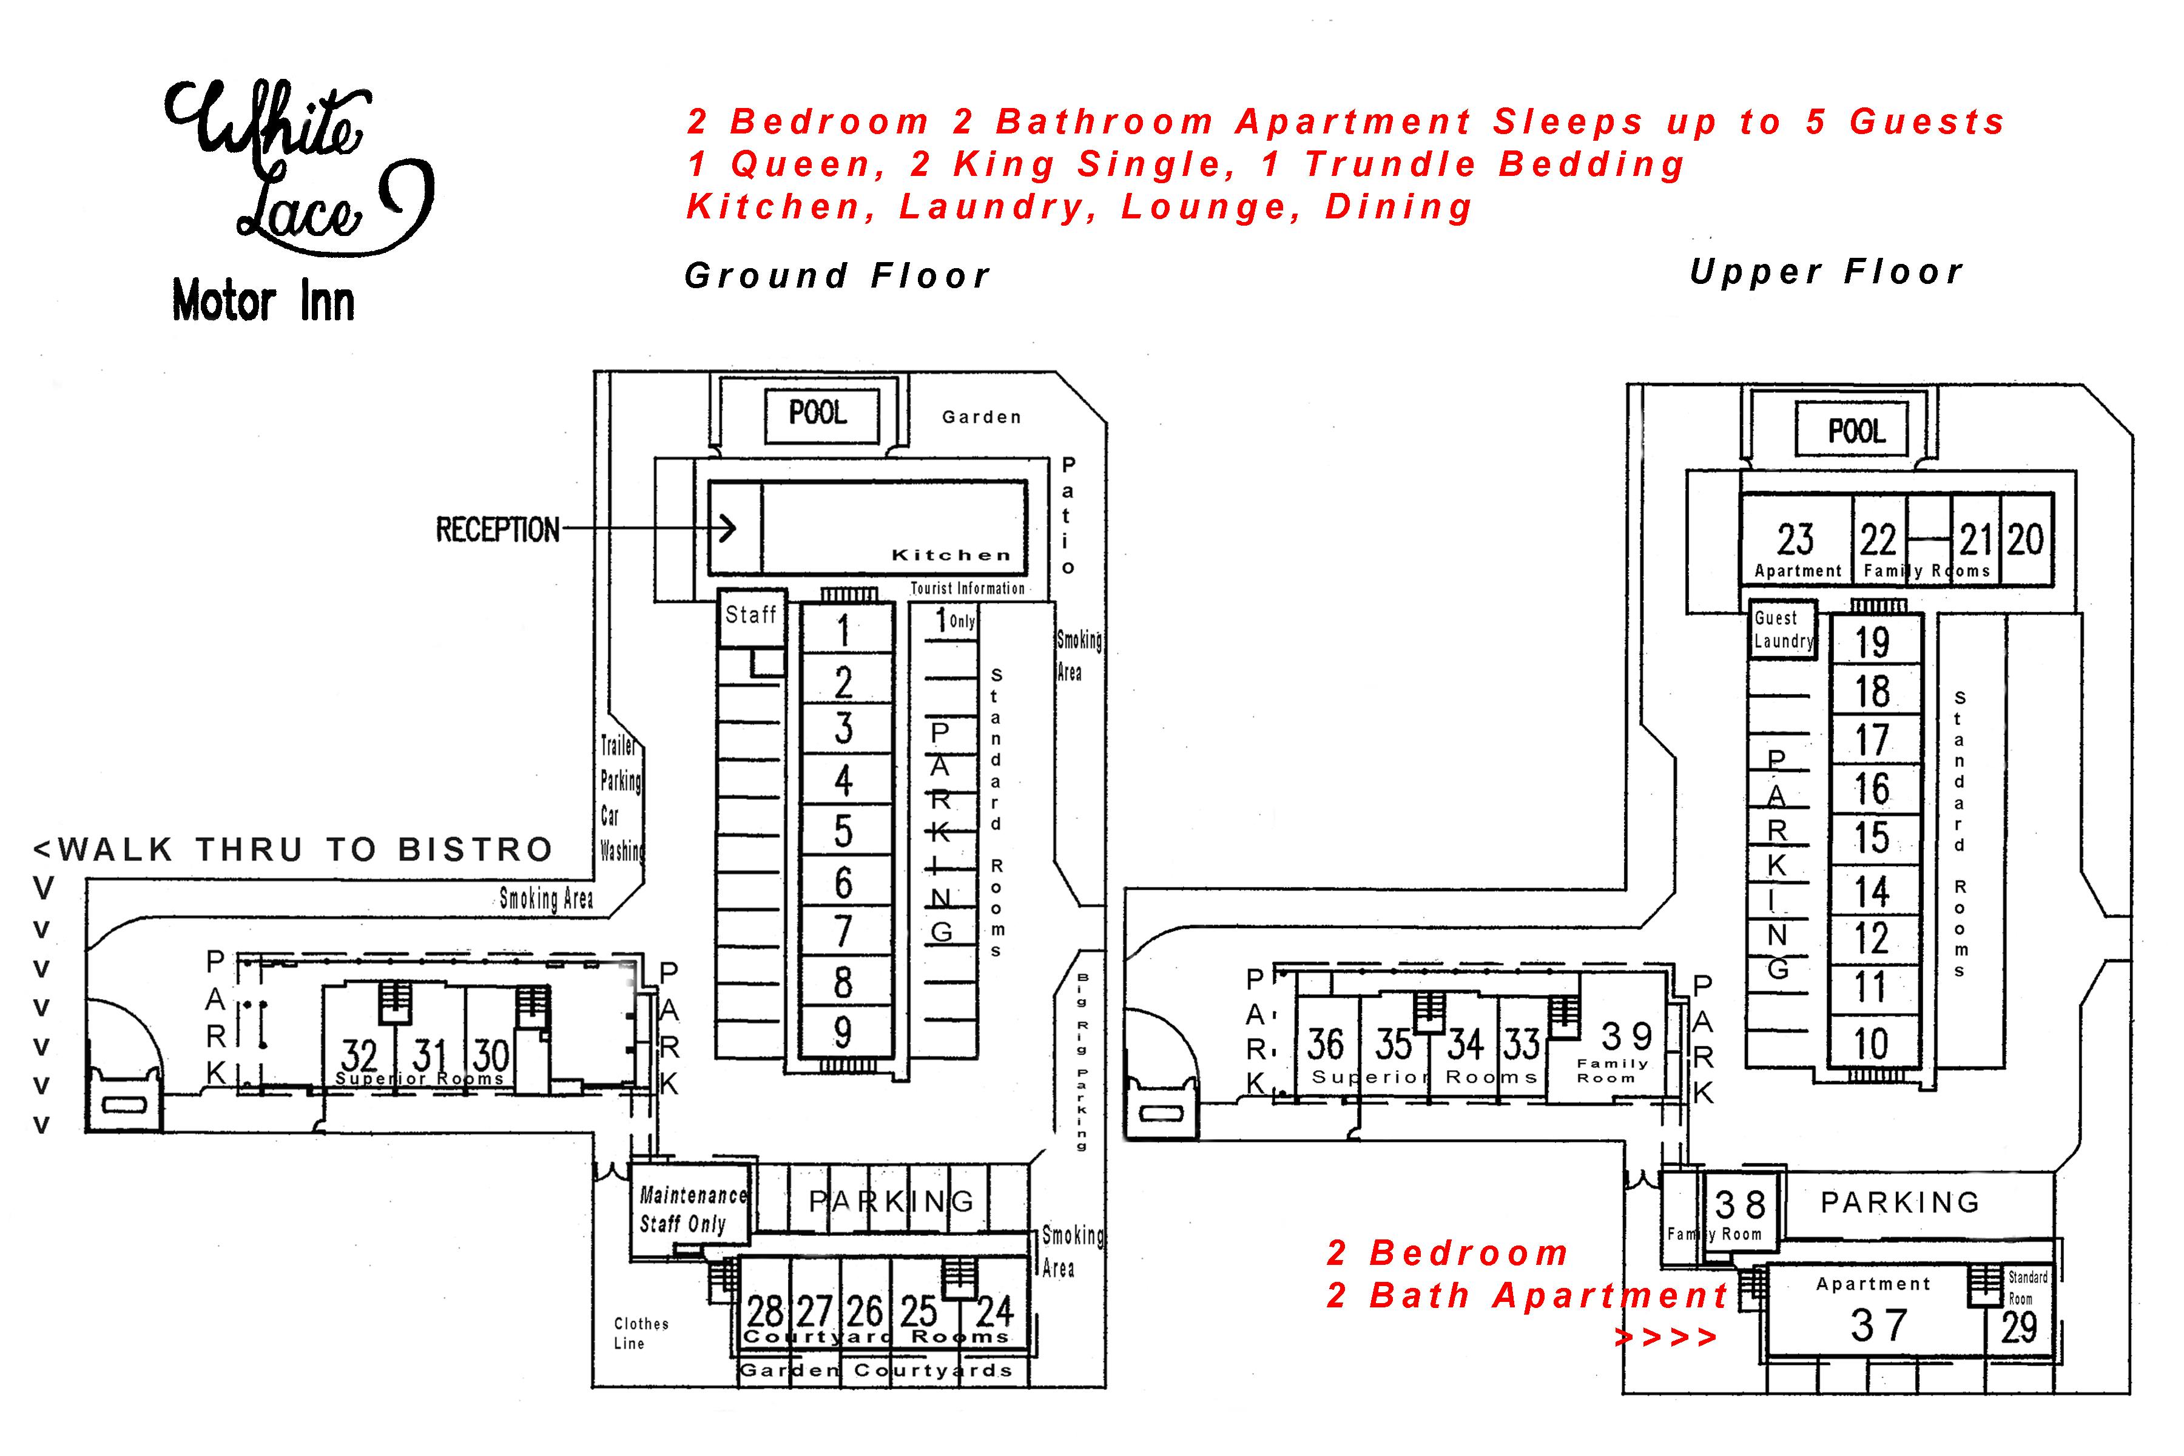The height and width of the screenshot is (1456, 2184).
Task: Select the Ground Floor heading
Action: click(x=838, y=276)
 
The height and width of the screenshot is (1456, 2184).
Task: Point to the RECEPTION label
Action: click(x=497, y=530)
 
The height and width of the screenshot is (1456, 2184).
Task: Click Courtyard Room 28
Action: click(x=765, y=1311)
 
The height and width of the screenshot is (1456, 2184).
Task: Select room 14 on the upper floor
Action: click(x=1872, y=891)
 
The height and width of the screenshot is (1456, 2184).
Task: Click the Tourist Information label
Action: click(x=968, y=588)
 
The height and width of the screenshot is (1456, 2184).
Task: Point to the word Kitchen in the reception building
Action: click(x=951, y=555)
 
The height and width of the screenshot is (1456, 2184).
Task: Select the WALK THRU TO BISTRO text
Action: click(x=294, y=850)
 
